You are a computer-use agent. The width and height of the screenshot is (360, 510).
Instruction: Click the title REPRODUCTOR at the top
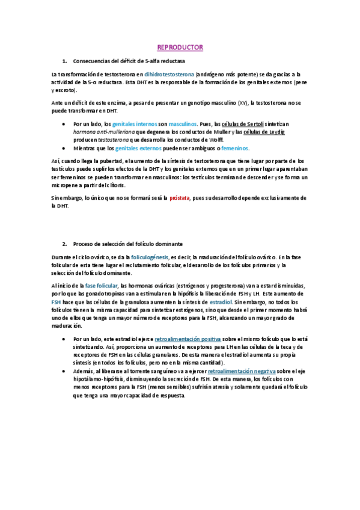pyautogui.click(x=180, y=47)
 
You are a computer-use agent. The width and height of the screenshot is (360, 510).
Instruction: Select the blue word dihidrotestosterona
pyautogui.click(x=169, y=73)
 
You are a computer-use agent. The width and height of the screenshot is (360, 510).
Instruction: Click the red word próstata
pyautogui.click(x=182, y=197)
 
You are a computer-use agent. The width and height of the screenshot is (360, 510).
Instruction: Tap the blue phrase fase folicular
pyautogui.click(x=102, y=285)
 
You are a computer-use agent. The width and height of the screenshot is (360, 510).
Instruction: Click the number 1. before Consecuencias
pyautogui.click(x=64, y=61)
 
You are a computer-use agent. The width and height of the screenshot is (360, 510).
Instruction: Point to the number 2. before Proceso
pyautogui.click(x=64, y=244)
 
